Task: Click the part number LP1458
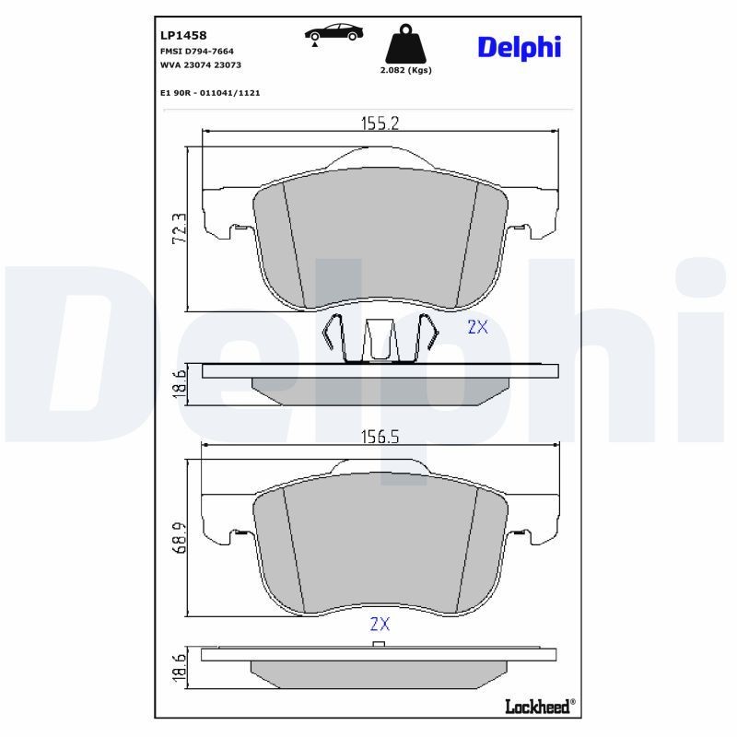coord(182,35)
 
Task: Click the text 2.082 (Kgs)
coord(406,70)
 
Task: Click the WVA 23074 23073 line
coord(201,65)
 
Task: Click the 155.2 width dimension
coord(379,123)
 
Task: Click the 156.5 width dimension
coord(379,439)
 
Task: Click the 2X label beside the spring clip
coord(477,326)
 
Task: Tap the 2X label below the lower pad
coord(380,624)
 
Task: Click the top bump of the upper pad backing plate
coord(380,157)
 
